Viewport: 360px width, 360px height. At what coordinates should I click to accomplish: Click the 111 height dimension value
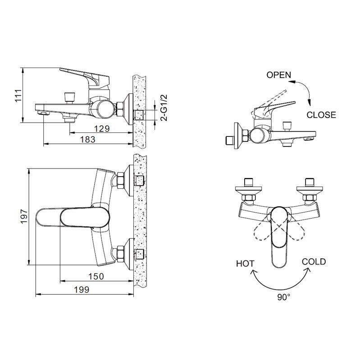coord(18,95)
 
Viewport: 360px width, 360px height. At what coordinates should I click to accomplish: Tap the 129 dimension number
coord(102,129)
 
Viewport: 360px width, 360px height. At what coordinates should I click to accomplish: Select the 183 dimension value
coord(87,139)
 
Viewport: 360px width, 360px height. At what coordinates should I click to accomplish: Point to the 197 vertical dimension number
coord(24,216)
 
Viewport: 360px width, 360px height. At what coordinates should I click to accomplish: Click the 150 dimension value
coord(96,277)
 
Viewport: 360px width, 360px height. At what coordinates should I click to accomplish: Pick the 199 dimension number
coord(82,290)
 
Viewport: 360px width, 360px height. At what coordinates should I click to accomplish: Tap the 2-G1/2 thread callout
coord(164,108)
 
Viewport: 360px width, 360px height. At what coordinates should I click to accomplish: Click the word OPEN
coord(278,75)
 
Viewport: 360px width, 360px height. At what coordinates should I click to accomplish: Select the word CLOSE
coord(321,115)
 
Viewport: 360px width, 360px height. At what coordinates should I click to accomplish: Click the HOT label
coord(245,264)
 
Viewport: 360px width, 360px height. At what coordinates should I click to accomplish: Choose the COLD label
coord(314,262)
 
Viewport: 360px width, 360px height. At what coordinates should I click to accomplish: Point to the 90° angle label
coord(284,297)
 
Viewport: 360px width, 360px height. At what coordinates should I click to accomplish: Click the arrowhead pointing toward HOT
coord(254,272)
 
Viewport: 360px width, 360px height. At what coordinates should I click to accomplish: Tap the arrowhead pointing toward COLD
coord(308,271)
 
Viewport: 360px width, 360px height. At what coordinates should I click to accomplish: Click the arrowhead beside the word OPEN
coord(292,82)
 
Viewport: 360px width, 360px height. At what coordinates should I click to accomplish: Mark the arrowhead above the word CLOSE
coord(310,103)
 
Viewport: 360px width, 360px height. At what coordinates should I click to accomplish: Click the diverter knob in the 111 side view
coord(69,97)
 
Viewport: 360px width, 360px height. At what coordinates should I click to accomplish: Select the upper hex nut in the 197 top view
coord(120,181)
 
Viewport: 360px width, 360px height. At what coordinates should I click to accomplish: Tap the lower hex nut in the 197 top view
coord(120,254)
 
